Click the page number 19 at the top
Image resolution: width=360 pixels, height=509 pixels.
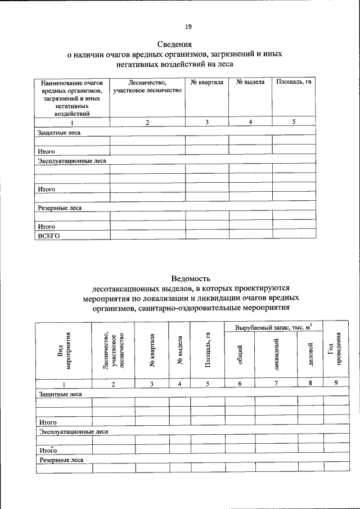pos(188,26)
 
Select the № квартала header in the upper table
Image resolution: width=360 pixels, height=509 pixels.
pos(206,83)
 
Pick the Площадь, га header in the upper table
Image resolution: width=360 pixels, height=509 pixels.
pos(294,83)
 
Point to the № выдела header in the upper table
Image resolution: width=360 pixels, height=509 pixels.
pos(250,83)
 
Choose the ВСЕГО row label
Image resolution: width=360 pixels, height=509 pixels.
pos(48,236)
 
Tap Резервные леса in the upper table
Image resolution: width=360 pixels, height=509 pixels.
pos(60,208)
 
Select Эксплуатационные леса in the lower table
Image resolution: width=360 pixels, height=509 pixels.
pos(73,431)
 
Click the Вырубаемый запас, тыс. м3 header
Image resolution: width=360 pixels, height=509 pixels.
pos(273,327)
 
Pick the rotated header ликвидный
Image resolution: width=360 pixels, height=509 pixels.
pos(276,357)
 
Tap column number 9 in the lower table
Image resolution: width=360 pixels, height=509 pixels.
pos(335,384)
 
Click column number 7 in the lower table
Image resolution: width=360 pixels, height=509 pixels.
pos(276,384)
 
